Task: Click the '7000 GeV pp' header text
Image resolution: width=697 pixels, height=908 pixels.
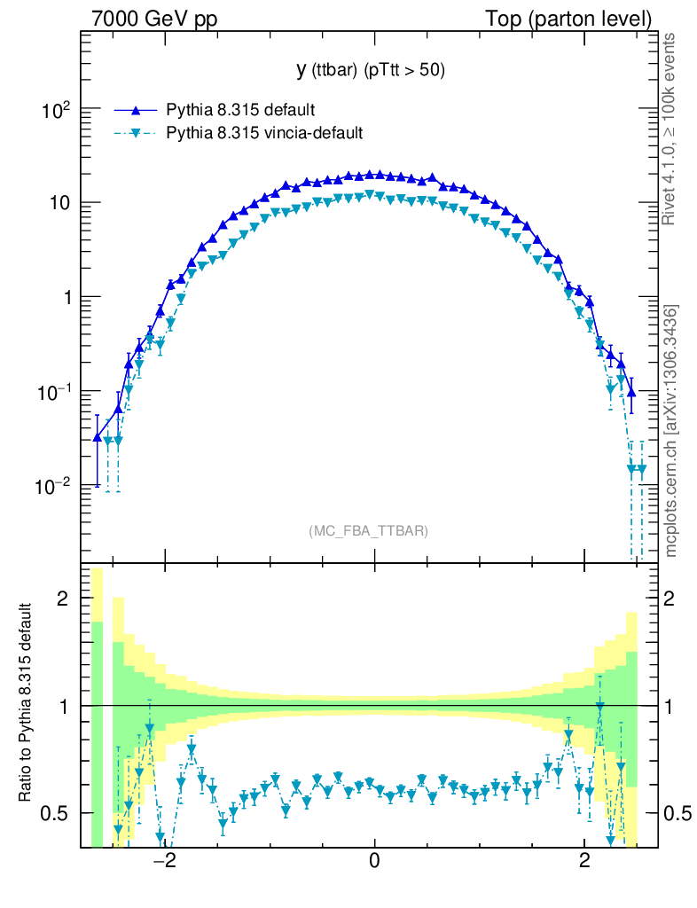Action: [x=160, y=19]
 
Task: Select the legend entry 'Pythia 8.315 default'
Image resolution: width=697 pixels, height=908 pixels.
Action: [x=240, y=110]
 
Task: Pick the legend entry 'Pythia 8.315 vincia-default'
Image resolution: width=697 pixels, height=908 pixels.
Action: [x=264, y=133]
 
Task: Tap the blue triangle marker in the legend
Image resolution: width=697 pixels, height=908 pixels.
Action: [x=136, y=110]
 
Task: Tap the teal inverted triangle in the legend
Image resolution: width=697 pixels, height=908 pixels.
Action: [x=136, y=134]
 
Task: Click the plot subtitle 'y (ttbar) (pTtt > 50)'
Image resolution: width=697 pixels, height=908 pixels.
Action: [x=370, y=71]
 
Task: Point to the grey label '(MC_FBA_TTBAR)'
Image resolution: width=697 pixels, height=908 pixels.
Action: [x=369, y=531]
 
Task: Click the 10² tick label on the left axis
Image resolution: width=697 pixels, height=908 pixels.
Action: [x=55, y=110]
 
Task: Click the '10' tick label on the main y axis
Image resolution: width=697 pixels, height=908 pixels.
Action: [x=59, y=204]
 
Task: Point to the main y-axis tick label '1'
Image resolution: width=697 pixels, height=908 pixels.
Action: [x=66, y=298]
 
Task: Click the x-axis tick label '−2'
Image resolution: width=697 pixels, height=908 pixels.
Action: [x=164, y=861]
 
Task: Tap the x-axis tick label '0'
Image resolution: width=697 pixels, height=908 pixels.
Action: [x=375, y=861]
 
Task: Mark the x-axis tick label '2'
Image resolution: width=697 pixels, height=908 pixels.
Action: [x=584, y=861]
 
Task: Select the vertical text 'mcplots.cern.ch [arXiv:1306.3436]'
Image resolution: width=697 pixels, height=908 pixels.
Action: [x=671, y=431]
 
